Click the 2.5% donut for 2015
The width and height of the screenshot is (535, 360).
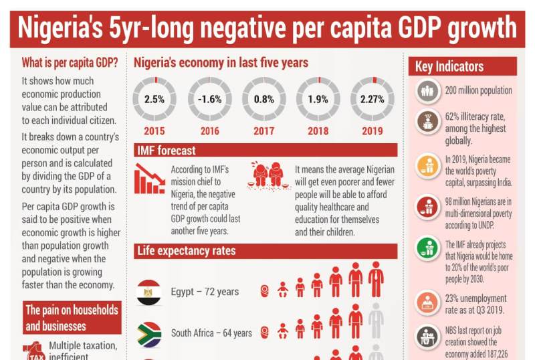[154, 98]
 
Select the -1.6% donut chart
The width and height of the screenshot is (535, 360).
[209, 98]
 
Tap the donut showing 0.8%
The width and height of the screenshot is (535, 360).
[263, 98]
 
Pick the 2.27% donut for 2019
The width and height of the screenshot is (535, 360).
[372, 98]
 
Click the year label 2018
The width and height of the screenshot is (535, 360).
[318, 131]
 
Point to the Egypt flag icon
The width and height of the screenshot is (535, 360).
[148, 292]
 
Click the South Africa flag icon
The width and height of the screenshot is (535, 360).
[148, 333]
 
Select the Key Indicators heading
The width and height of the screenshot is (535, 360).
[449, 66]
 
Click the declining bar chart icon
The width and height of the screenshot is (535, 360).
[149, 180]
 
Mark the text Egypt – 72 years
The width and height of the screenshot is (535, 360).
[205, 292]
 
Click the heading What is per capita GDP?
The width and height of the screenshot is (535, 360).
[70, 63]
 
